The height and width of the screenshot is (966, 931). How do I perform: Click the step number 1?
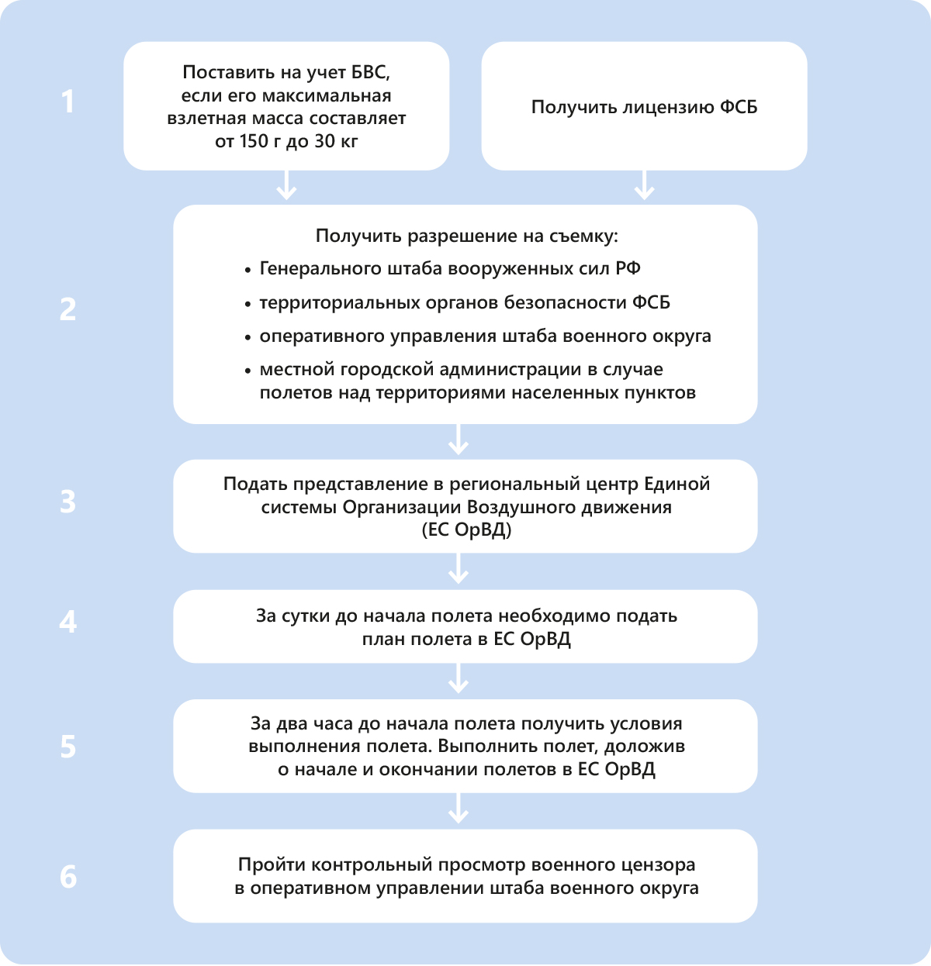(x=68, y=102)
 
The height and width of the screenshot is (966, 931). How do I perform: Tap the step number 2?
(x=68, y=309)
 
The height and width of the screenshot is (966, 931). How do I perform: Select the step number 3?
(x=68, y=502)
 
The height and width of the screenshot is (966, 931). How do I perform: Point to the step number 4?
(x=68, y=622)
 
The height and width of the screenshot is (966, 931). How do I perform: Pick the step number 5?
(x=68, y=746)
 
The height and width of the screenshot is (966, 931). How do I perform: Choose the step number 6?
(x=68, y=876)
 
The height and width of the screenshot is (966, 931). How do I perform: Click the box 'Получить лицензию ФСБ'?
(x=644, y=106)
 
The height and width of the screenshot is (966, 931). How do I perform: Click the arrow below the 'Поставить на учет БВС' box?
(x=286, y=187)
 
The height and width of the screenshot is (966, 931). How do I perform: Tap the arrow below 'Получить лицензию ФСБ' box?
(x=644, y=187)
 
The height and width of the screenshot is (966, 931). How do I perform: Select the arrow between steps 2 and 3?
(x=459, y=441)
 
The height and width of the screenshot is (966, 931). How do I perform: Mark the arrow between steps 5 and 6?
(x=459, y=810)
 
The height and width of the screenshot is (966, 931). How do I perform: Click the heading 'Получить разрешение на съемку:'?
(x=466, y=236)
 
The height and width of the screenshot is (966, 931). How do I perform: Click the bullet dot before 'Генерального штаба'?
(x=247, y=270)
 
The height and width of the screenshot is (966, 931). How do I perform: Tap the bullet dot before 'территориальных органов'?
(x=247, y=304)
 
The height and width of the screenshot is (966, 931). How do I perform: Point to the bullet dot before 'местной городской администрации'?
(x=247, y=371)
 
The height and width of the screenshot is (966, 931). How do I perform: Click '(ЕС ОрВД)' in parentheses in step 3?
(x=465, y=530)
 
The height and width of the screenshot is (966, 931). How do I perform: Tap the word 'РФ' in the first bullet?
(x=628, y=269)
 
